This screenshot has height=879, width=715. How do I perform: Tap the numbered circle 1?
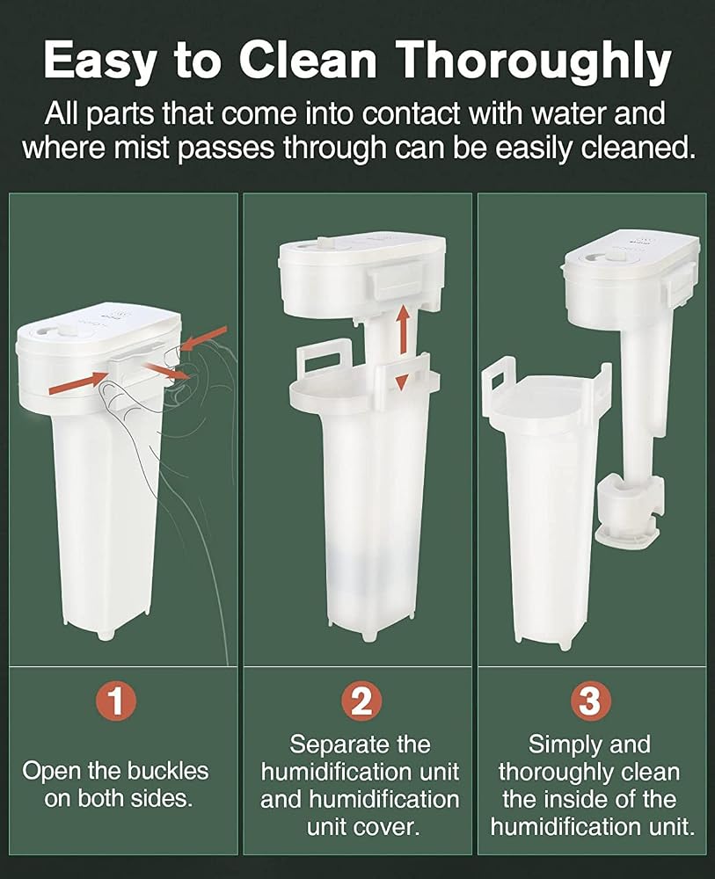(x=117, y=701)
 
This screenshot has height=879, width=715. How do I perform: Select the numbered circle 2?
(x=361, y=701)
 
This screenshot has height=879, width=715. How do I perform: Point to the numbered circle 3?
(x=590, y=701)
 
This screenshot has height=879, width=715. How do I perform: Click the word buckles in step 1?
(x=168, y=771)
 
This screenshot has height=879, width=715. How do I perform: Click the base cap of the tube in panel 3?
(x=626, y=536)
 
